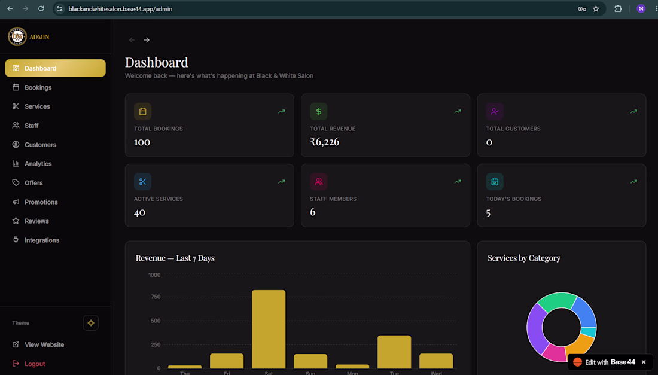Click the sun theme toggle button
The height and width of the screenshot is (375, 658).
coord(91,322)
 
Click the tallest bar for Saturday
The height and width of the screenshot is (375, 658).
coord(269,330)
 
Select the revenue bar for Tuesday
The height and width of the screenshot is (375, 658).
coord(394,352)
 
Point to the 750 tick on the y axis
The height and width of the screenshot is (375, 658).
coord(156,297)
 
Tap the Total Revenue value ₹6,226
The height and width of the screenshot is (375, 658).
coord(324,142)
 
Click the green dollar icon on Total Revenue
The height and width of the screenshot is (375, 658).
coord(318,112)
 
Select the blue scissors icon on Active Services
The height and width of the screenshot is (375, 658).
coord(143,182)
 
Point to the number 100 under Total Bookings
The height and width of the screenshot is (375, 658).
coord(142,142)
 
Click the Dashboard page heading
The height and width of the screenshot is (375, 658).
coord(157,62)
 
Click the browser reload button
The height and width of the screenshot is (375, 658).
coord(41,8)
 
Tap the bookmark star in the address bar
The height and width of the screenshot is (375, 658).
coord(596,9)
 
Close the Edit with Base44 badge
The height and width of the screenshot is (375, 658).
coord(644,362)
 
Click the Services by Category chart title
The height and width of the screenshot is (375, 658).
coord(524,258)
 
